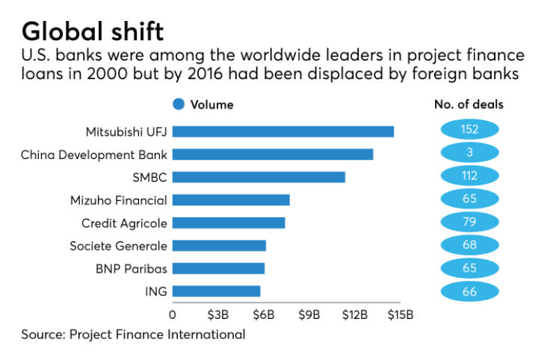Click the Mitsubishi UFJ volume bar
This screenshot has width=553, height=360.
pos(283,131)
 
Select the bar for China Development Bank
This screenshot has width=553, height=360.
pos(273,155)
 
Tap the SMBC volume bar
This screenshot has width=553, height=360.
pos(259,177)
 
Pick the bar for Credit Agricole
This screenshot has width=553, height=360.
pos(229,223)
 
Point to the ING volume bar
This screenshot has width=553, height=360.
pos(217,291)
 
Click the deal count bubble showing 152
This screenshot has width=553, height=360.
pos(469,130)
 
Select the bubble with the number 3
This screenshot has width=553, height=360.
pos(469,153)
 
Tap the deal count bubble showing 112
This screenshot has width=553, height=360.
pos(469,176)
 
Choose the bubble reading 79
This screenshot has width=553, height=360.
pos(469,222)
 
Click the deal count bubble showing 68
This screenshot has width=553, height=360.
pos(469,245)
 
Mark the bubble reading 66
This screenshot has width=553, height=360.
pos(469,291)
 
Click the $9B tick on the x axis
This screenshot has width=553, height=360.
pos(309,314)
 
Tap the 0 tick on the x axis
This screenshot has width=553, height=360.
pos(173,314)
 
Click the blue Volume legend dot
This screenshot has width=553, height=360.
pos(179,105)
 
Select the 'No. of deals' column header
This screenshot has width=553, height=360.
pos(469,105)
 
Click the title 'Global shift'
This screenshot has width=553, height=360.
pos(93,32)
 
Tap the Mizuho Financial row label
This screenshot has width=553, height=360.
pos(118,200)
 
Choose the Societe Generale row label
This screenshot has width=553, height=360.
pos(118,246)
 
